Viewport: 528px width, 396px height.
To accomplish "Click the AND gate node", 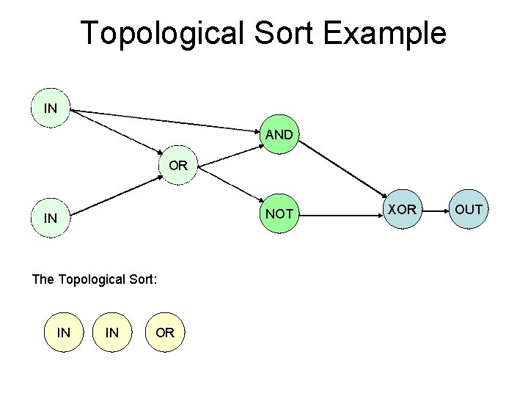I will click(279, 135).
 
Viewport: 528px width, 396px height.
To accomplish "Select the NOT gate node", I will click(279, 213).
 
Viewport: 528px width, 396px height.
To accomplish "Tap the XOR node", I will click(402, 210).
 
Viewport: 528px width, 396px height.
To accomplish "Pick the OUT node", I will click(469, 210).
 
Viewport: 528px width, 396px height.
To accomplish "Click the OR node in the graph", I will click(178, 165).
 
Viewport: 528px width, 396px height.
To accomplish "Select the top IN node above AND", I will click(51, 109).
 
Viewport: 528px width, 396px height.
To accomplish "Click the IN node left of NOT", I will click(51, 218).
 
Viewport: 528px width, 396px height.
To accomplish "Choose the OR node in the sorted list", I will click(165, 332).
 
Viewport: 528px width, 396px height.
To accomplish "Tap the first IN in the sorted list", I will click(64, 332).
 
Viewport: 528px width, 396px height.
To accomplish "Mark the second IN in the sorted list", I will click(112, 332).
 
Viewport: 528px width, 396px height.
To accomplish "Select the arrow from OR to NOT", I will click(233, 185).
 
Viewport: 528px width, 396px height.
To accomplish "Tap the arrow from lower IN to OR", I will click(117, 193).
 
